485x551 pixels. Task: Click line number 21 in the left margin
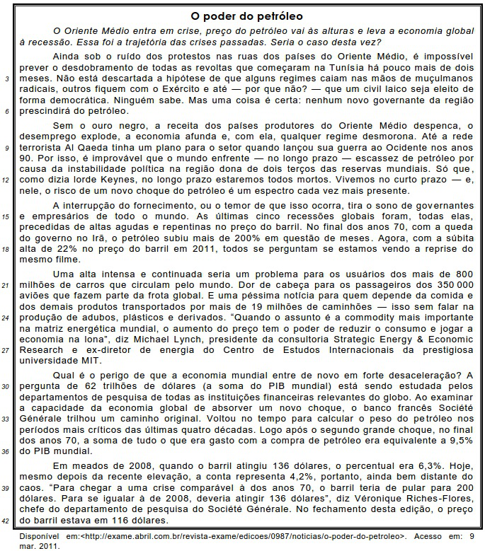(7, 285)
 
